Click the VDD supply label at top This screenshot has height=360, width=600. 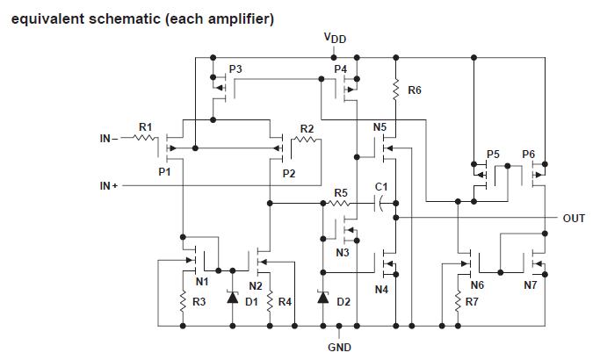(x=335, y=39)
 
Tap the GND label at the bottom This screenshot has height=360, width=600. (x=339, y=347)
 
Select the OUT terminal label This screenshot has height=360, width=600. (x=574, y=218)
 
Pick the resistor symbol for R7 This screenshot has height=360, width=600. (x=457, y=302)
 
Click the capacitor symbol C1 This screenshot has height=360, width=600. (x=380, y=203)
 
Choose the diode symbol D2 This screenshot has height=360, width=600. (x=322, y=299)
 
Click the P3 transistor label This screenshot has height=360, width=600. (x=235, y=68)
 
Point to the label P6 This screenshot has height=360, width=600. (x=528, y=154)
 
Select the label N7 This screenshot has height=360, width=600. (x=531, y=285)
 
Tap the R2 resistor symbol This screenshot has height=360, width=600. (x=306, y=139)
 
